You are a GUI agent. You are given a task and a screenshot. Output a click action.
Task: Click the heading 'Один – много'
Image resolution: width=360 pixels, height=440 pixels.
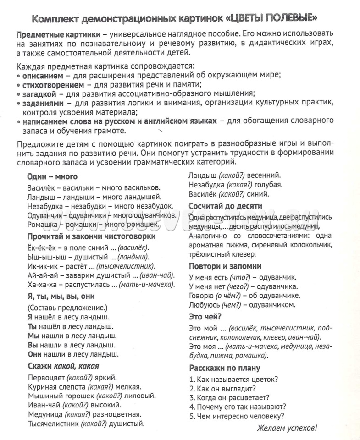point(52,176)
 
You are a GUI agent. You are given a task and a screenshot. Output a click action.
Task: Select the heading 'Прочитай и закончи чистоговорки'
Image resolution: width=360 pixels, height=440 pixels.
point(91,236)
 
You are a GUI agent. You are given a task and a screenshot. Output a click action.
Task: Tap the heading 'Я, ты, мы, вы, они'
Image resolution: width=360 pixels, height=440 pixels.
point(61,296)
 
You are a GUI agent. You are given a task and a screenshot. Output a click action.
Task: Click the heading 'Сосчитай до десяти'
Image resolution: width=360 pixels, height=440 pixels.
point(225,206)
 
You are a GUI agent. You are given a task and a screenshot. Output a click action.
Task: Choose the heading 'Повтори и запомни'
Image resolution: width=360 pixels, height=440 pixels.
point(225,266)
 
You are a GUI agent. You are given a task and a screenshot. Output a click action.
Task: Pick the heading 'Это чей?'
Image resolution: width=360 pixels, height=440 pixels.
point(205,316)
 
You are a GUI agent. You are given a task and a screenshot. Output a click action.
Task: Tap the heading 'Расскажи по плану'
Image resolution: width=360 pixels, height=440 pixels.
point(224,368)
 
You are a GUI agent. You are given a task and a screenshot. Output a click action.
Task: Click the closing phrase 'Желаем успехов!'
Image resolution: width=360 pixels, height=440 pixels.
point(286,428)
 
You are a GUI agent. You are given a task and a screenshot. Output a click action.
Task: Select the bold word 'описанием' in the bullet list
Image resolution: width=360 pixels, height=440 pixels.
point(42,76)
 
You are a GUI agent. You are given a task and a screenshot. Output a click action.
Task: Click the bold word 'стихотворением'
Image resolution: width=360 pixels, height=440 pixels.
point(53,85)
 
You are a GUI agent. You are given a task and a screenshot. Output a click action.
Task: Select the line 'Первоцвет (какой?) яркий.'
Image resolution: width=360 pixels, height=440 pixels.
point(72,378)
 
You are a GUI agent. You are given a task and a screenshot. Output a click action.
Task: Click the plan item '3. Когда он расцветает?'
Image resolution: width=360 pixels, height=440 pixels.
point(229,397)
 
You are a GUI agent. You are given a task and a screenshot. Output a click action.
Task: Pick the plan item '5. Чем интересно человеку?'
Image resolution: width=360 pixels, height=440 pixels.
point(236,416)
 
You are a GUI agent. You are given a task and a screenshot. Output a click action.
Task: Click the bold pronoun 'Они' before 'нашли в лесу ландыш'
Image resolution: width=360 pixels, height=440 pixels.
point(35,354)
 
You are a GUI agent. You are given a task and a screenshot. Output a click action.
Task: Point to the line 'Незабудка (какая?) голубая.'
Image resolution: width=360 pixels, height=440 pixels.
point(235,185)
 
